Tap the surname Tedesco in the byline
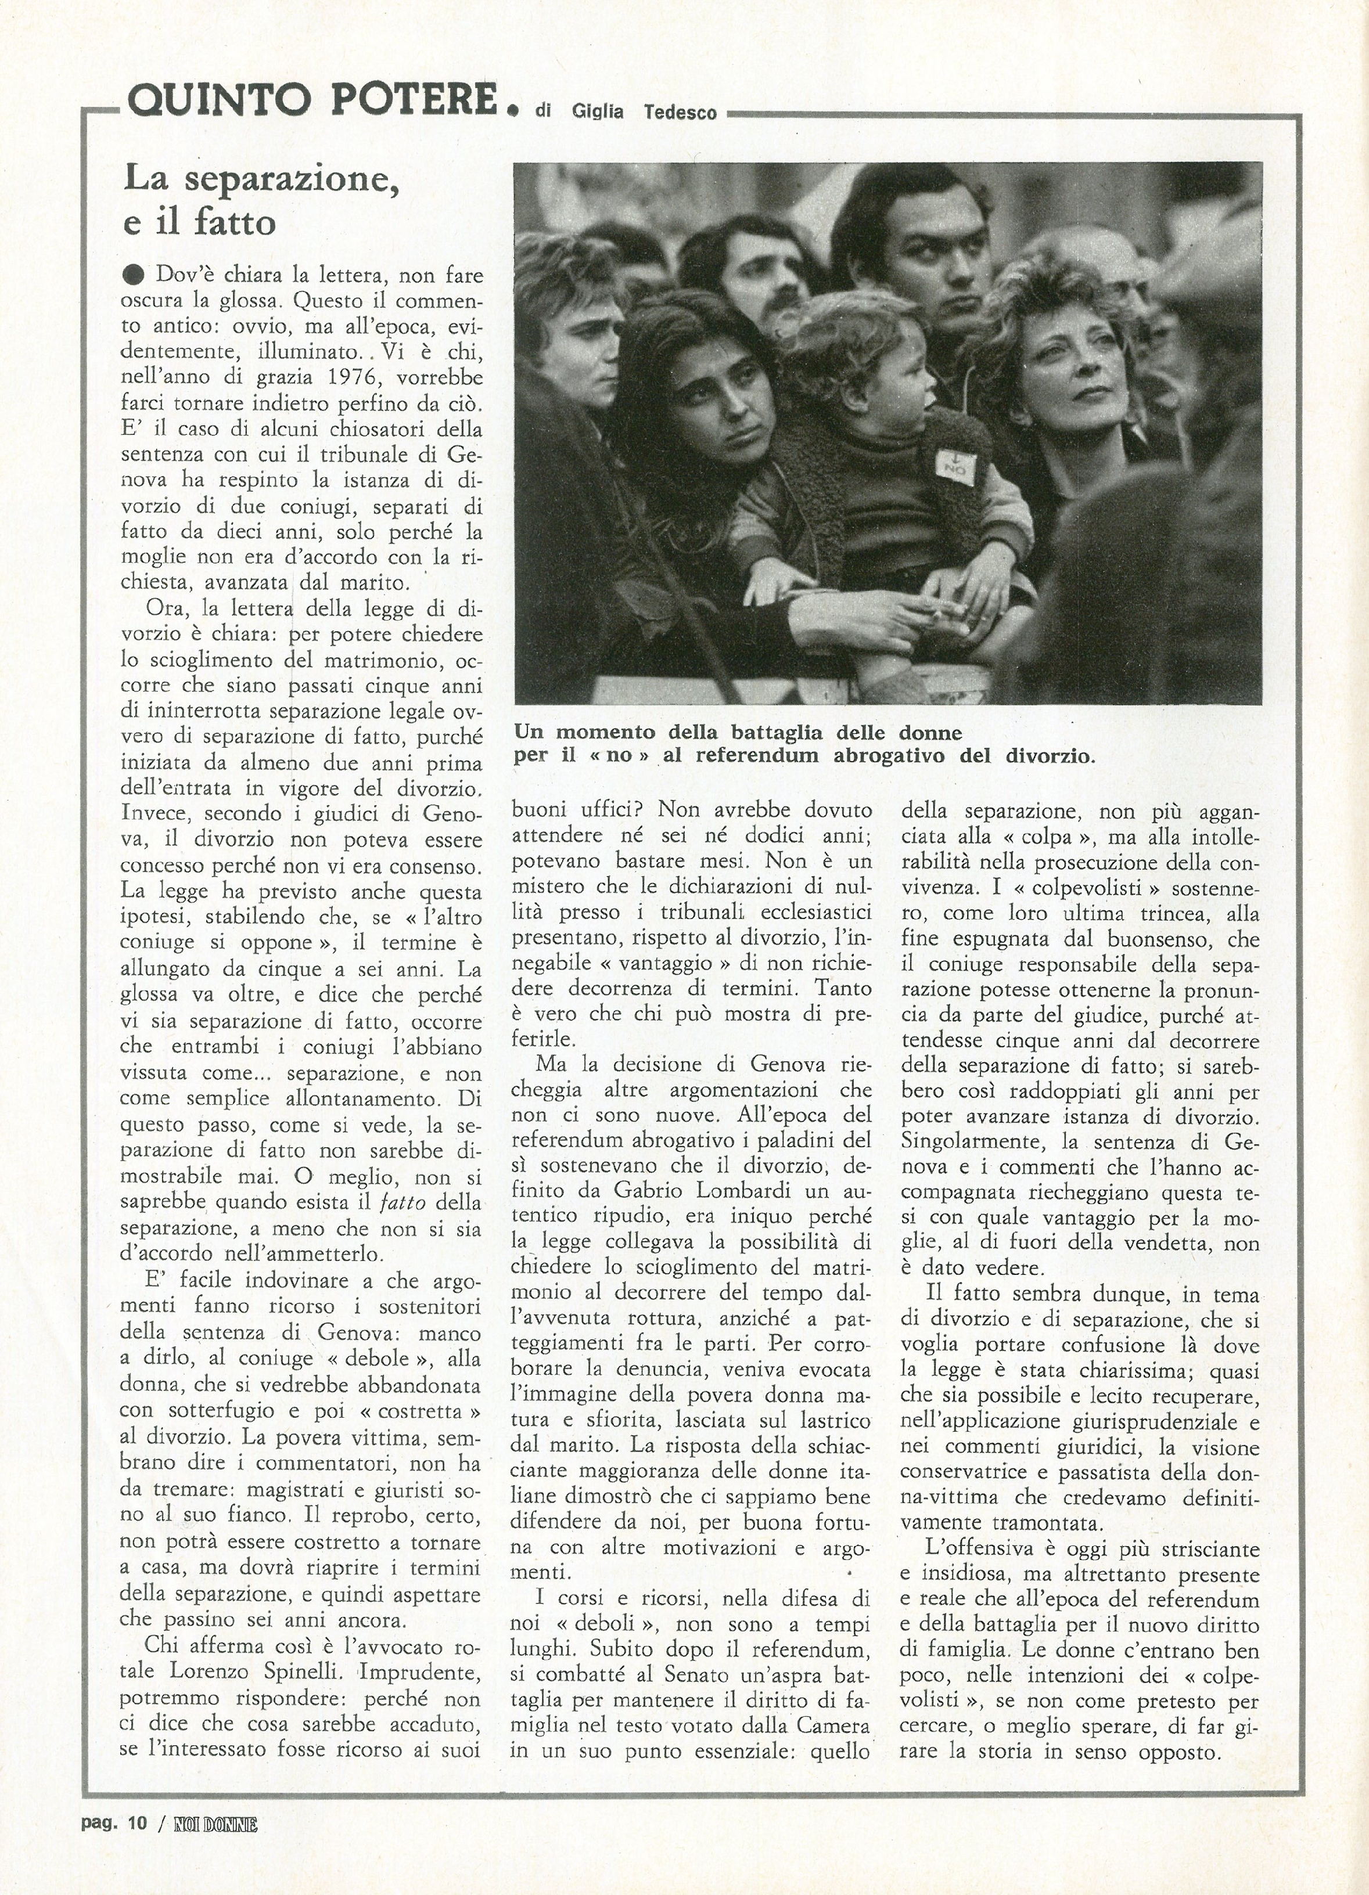(680, 112)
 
